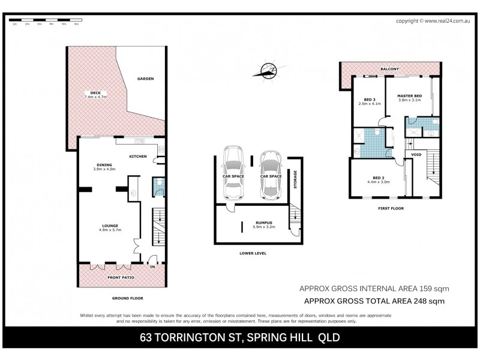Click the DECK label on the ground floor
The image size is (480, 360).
coord(95,92)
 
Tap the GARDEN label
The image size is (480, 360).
coord(145,79)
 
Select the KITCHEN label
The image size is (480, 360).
coord(138,157)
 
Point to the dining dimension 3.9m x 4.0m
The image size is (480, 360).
coord(104,169)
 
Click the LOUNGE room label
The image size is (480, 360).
coord(109,226)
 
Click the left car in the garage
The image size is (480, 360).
coord(232,173)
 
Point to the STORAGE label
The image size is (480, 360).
coord(295,180)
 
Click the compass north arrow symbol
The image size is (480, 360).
coord(268,71)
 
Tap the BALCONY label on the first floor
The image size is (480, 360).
coord(389,69)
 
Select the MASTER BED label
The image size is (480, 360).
coord(410,95)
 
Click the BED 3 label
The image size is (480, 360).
coord(370,99)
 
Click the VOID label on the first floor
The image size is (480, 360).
coord(416,155)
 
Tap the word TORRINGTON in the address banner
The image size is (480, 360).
coord(185,337)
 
